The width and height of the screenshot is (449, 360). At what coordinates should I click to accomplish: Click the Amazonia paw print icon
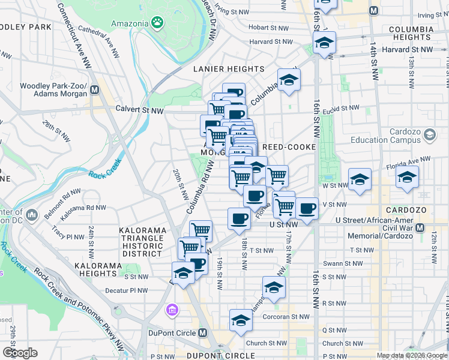(x=157, y=23)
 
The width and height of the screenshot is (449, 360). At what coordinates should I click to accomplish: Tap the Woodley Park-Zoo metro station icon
(x=94, y=91)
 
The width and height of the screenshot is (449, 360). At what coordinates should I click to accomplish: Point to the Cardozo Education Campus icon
(x=429, y=136)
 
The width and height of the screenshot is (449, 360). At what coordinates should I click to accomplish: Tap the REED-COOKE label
(x=289, y=147)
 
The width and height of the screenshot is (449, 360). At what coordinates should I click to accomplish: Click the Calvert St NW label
(x=140, y=110)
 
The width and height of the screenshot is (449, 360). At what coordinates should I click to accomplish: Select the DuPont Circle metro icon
(x=202, y=333)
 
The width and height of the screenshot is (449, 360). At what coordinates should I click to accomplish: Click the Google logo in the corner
(x=20, y=352)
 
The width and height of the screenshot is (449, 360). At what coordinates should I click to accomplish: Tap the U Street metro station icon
(x=420, y=228)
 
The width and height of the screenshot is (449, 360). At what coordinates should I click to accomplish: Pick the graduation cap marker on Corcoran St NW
(x=241, y=320)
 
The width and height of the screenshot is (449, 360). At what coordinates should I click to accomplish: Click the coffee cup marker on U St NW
(x=239, y=218)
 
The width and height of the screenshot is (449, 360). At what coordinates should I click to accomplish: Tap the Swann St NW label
(x=340, y=263)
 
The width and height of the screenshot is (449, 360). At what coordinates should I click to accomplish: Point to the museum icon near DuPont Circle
(x=172, y=310)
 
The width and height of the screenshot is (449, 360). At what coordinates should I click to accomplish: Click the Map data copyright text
(x=411, y=355)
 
